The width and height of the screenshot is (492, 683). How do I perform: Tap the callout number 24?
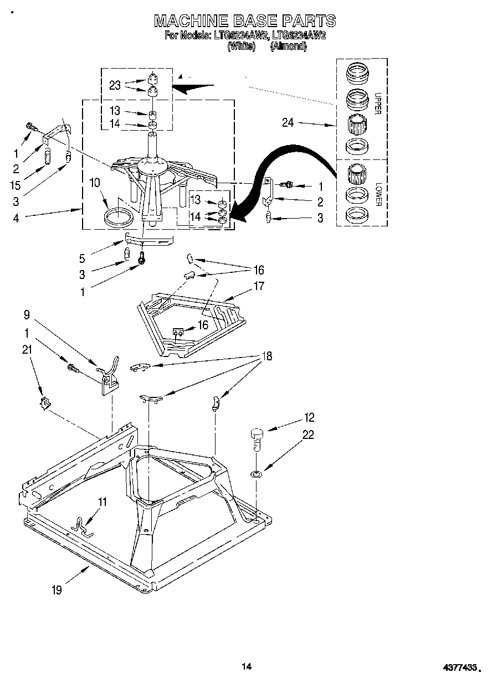pos(288,123)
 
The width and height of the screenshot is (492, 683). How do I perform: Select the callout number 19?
pos(57,590)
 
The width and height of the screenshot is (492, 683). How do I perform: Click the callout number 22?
pos(308,435)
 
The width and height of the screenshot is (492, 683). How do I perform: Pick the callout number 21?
pos(27,349)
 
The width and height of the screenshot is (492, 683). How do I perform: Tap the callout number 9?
pos(27,316)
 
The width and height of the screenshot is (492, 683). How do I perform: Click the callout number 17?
pos(259,286)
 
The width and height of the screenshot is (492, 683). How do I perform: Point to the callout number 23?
pos(115,85)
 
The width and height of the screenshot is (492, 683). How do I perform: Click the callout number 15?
pos(16,185)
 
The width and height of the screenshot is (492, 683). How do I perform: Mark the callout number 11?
pos(102,501)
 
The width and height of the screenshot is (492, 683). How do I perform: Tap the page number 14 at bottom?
pos(247,666)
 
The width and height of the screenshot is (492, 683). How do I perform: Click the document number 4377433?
pos(459,668)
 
